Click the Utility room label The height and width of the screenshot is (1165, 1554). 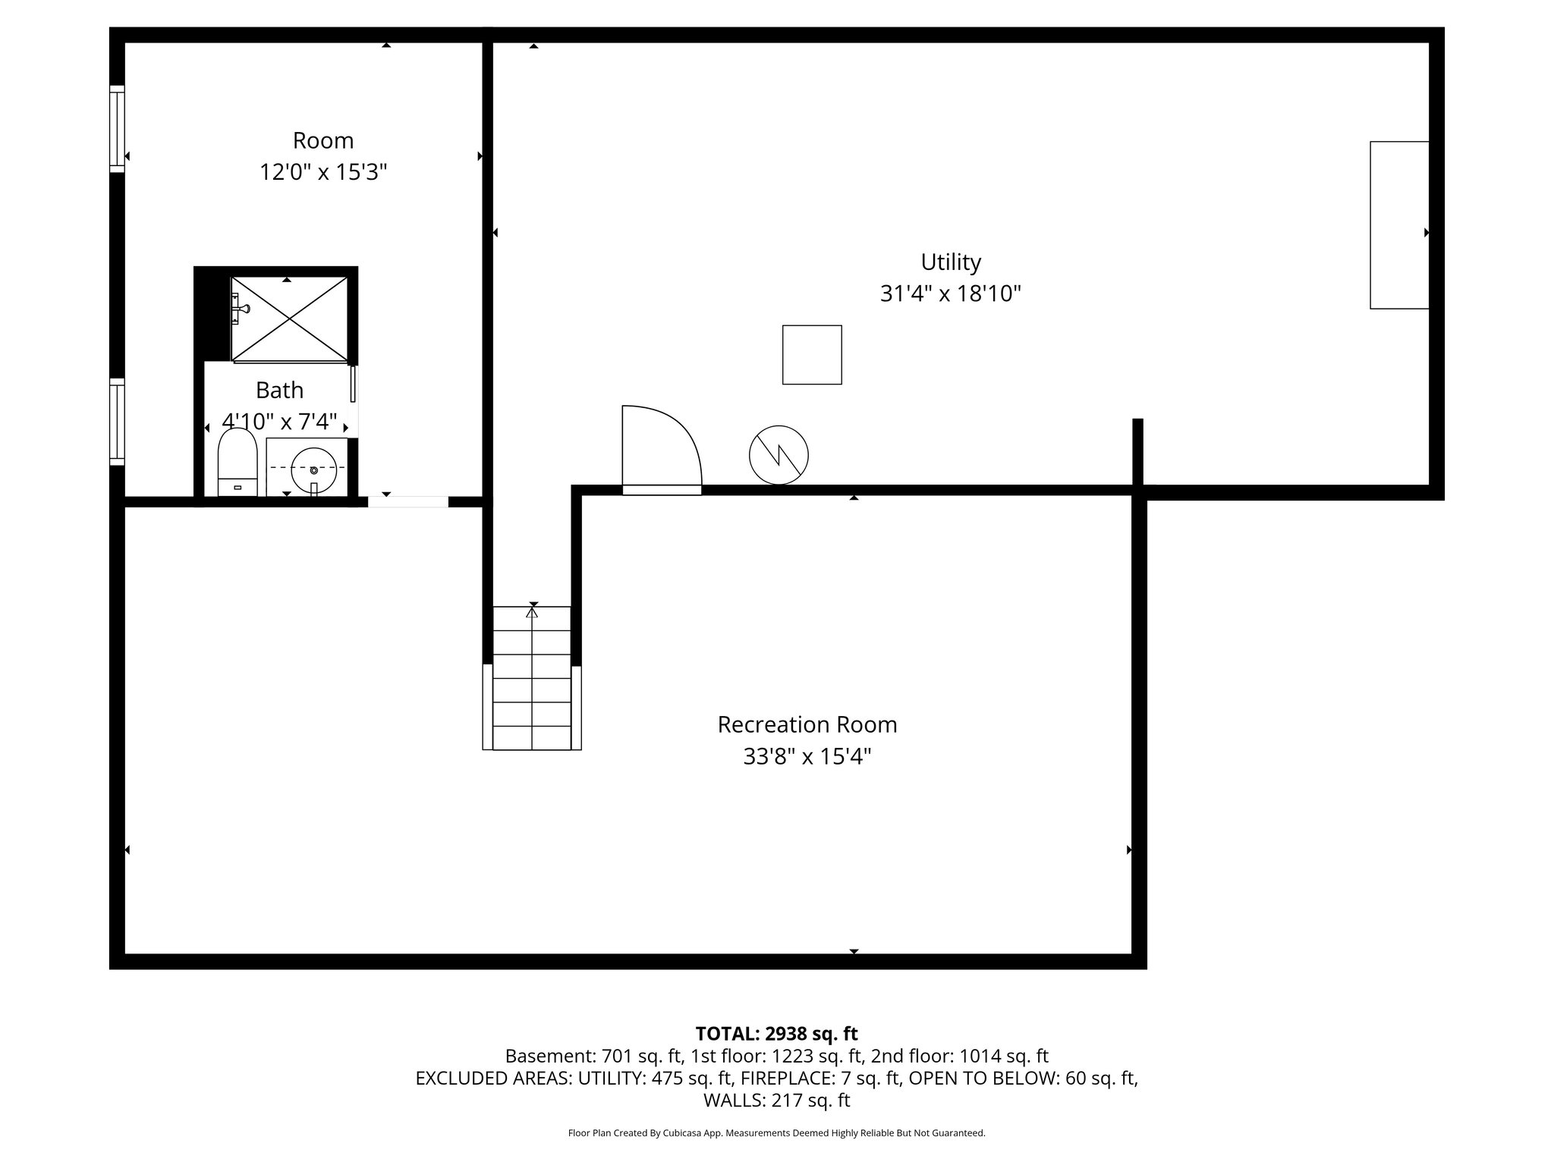tap(951, 262)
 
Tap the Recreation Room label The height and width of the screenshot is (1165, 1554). tap(807, 725)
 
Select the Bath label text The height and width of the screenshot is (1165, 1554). tap(279, 391)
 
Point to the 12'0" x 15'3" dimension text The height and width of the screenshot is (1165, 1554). tap(323, 173)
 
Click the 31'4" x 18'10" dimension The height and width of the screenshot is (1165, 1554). tap(951, 294)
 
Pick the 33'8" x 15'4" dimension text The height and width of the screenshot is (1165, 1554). tap(807, 757)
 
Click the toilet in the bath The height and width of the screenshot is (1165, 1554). tap(238, 462)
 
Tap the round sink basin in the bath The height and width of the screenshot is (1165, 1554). tap(313, 469)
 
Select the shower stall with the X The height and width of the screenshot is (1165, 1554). tap(289, 319)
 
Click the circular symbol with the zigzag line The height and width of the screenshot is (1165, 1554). tap(779, 456)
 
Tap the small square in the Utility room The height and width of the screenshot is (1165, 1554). tap(812, 355)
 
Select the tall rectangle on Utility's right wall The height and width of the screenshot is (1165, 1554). tap(1399, 225)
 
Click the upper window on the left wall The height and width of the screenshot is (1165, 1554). tap(117, 127)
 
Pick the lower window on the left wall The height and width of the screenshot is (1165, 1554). tap(117, 421)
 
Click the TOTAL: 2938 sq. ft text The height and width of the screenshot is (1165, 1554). tap(776, 1034)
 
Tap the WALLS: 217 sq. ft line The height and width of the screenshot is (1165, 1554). tap(776, 1101)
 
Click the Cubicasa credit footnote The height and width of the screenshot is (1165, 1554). tap(776, 1133)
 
